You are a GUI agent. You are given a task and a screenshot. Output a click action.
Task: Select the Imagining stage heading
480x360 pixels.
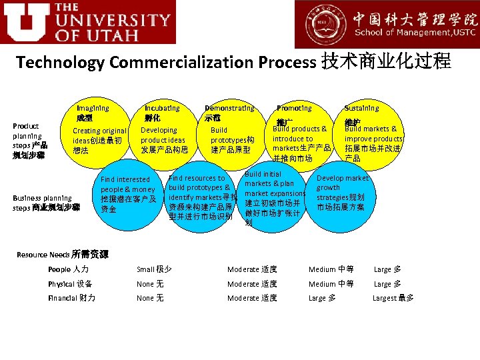point(93,108)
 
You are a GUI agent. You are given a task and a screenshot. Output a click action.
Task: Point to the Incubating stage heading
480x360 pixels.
point(162,108)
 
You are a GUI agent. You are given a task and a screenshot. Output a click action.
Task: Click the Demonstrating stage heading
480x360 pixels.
point(229,108)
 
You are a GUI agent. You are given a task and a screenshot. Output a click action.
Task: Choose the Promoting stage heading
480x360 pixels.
point(294,108)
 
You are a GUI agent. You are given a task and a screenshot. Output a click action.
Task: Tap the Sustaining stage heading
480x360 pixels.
point(361,108)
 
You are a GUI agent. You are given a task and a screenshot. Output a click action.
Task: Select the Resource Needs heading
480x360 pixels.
point(63,255)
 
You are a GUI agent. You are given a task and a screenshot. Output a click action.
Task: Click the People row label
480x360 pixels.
point(68,269)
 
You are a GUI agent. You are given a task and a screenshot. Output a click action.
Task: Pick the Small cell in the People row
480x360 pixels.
point(154,269)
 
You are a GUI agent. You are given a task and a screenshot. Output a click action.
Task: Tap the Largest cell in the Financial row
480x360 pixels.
point(393,298)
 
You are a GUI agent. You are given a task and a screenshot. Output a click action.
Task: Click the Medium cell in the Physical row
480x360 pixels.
point(331,284)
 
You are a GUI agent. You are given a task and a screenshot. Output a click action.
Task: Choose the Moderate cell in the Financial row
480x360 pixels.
point(252,298)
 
